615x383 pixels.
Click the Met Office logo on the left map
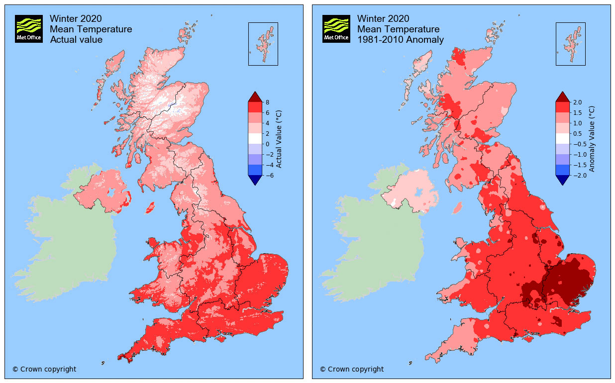(x=29, y=28)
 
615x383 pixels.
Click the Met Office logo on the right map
(x=336, y=28)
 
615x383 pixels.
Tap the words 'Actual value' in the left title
(x=76, y=40)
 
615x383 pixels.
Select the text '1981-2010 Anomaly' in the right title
(x=401, y=40)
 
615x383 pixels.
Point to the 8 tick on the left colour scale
(x=267, y=102)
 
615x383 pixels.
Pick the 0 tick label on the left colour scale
(x=267, y=144)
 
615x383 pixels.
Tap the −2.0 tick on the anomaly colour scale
(x=578, y=175)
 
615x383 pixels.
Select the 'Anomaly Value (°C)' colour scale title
(x=592, y=139)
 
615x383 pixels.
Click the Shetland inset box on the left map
(x=263, y=44)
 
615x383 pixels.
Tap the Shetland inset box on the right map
(x=570, y=44)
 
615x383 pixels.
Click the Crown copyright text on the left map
(x=44, y=369)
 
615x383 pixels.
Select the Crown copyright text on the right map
(x=352, y=369)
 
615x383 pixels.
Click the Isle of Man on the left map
(x=149, y=207)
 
